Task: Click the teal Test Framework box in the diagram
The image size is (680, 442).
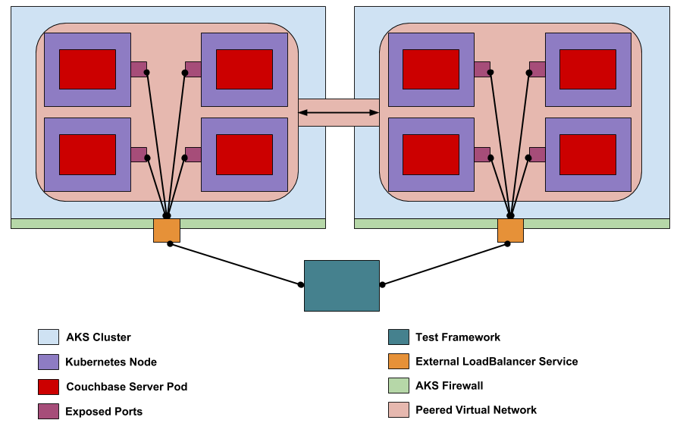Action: pyautogui.click(x=341, y=285)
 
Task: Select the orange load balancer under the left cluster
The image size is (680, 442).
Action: pyautogui.click(x=167, y=230)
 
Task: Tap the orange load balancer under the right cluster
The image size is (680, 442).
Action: pyautogui.click(x=510, y=230)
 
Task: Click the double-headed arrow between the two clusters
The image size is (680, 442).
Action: pyautogui.click(x=338, y=113)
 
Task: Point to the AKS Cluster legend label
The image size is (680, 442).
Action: pyautogui.click(x=99, y=337)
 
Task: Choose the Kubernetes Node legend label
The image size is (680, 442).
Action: pyautogui.click(x=111, y=362)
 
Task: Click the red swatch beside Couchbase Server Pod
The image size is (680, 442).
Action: pyautogui.click(x=48, y=387)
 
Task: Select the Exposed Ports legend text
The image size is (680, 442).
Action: pyautogui.click(x=104, y=412)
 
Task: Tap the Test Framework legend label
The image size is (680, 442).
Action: pyautogui.click(x=458, y=337)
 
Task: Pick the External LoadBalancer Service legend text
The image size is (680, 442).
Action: pyautogui.click(x=497, y=362)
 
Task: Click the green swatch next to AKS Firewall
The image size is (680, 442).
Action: pyautogui.click(x=398, y=386)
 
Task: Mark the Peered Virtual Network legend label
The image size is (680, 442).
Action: pyautogui.click(x=476, y=410)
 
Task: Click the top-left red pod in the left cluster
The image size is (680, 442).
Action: pyautogui.click(x=87, y=69)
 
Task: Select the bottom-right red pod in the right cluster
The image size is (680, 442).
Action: pyautogui.click(x=588, y=154)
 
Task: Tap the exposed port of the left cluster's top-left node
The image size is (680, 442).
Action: pyautogui.click(x=138, y=69)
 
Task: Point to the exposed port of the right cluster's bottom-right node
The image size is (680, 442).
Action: pyautogui.click(x=537, y=154)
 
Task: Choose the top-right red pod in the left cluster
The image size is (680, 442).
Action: pyautogui.click(x=244, y=69)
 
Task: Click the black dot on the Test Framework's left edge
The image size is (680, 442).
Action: pyautogui.click(x=301, y=285)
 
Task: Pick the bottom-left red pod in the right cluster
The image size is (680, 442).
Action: pyautogui.click(x=431, y=154)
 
